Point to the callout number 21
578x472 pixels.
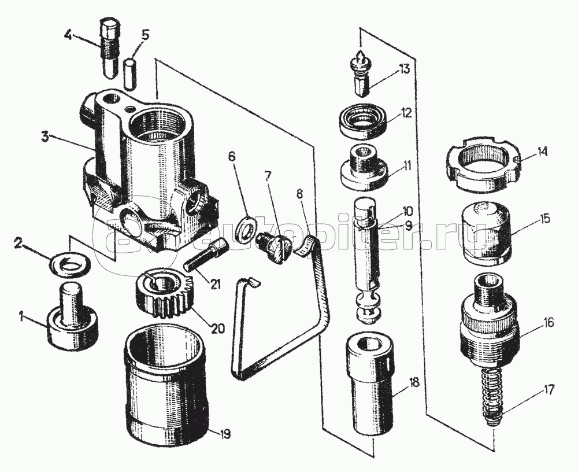pyautogui.click(x=215, y=284)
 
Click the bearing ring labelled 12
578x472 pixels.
pyautogui.click(x=363, y=123)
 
